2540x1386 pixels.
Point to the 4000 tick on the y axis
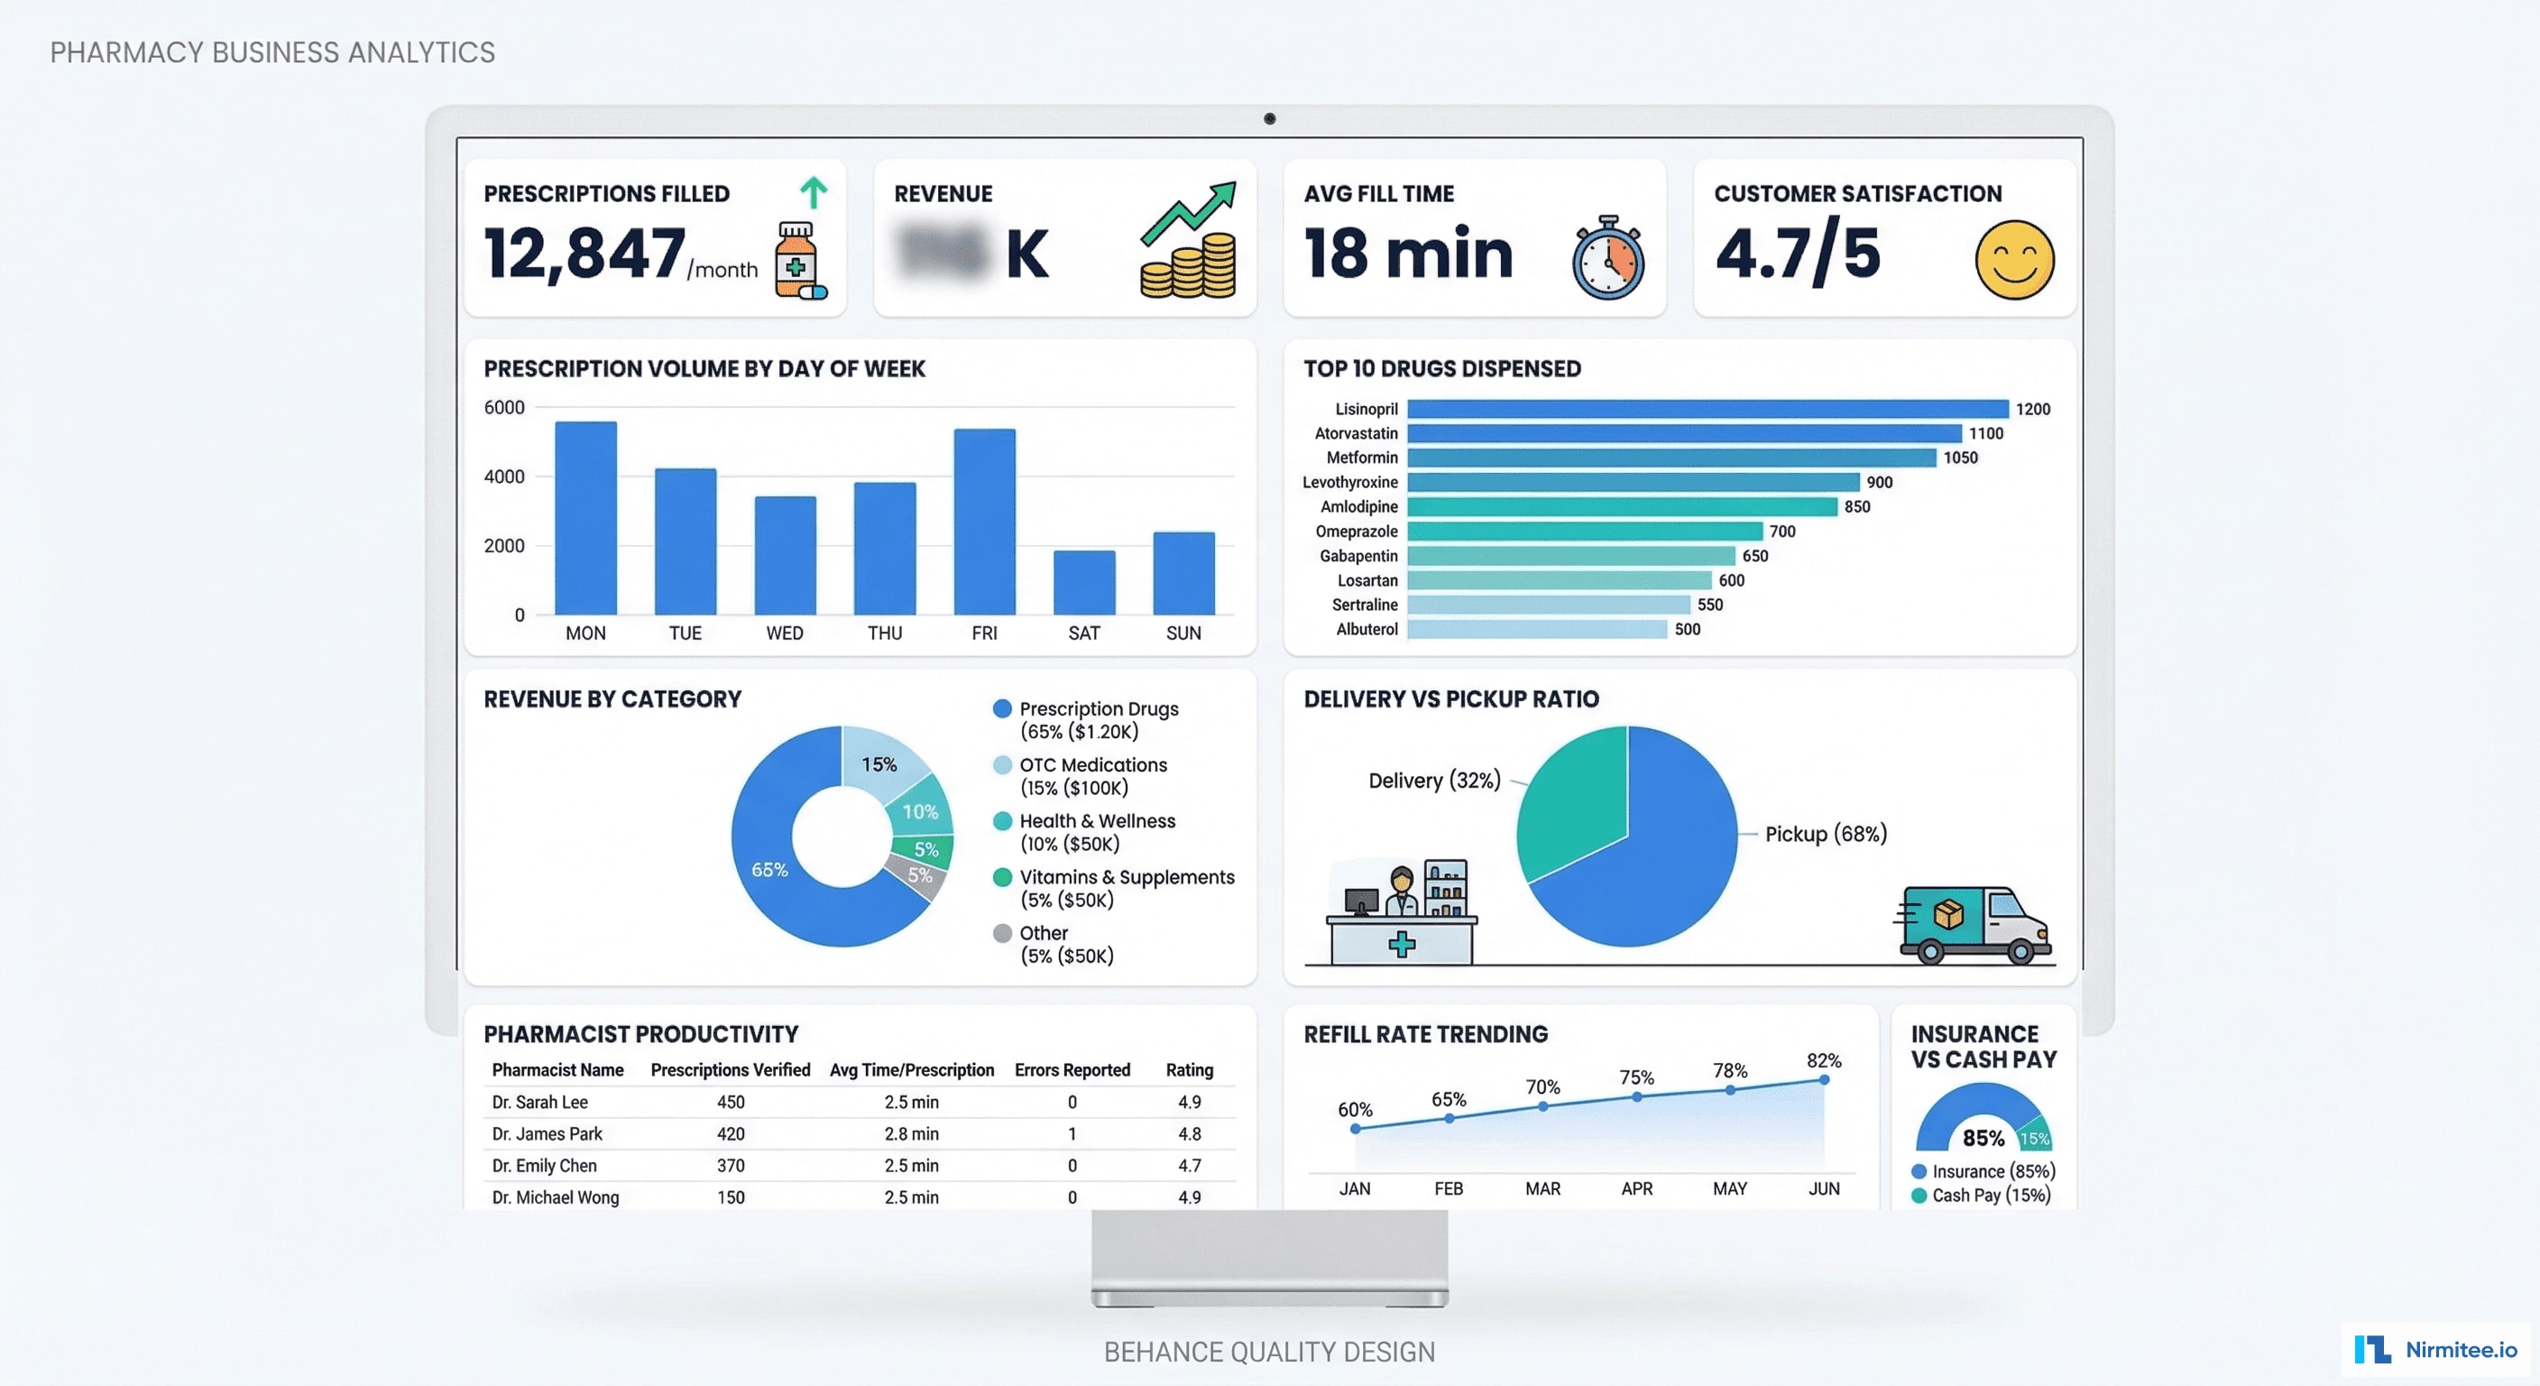click(x=504, y=476)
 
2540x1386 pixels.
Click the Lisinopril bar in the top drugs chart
click(x=1706, y=409)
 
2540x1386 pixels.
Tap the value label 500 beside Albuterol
click(x=1687, y=629)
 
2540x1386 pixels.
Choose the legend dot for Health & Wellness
click(x=1002, y=821)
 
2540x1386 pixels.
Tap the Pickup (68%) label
click(x=1825, y=834)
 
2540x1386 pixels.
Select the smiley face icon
click(x=2013, y=260)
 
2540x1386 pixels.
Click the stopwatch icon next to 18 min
click(x=1607, y=258)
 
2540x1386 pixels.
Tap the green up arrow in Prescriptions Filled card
click(x=813, y=191)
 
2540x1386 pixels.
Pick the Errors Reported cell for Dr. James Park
click(x=1072, y=1134)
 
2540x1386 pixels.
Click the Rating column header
click(x=1189, y=1070)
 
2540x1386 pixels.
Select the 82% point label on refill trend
click(x=1823, y=1060)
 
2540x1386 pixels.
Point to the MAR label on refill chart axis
click(x=1542, y=1188)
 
